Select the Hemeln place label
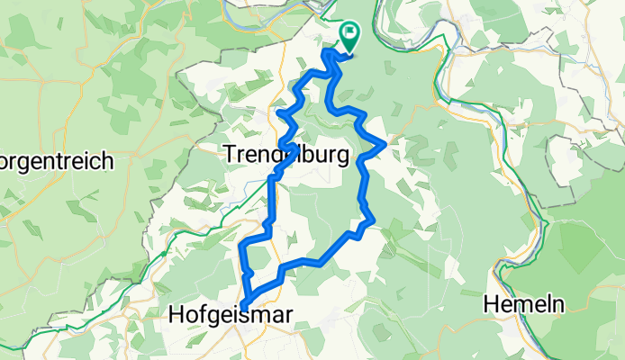click(524, 304)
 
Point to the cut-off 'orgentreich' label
click(56, 163)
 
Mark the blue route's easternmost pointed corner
click(385, 143)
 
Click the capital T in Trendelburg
click(227, 156)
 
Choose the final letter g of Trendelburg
click(343, 158)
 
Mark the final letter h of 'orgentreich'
click(106, 162)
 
